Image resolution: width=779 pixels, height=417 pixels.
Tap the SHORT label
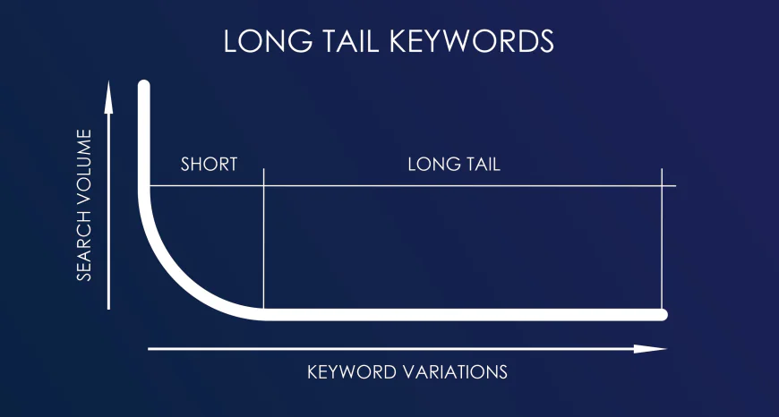coord(209,165)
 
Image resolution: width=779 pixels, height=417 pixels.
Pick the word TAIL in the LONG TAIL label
coord(482,165)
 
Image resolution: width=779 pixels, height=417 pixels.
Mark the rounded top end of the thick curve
coord(143,87)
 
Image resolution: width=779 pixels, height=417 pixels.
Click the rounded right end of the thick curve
coord(662,314)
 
